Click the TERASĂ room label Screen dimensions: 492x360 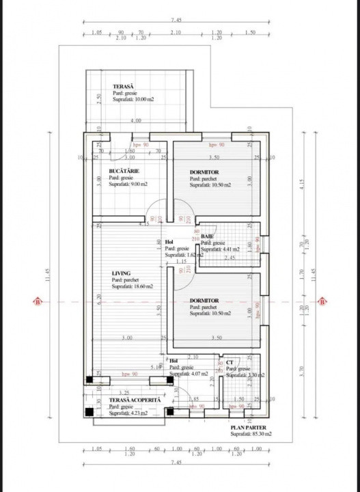(124, 86)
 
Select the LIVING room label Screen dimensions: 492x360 (121, 273)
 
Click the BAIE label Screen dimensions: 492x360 (208, 236)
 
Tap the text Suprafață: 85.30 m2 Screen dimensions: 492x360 (251, 434)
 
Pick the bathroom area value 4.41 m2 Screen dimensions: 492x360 (222, 249)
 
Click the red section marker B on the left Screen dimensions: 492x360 (38, 301)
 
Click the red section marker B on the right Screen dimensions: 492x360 (321, 301)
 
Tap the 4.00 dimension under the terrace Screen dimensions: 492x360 (137, 121)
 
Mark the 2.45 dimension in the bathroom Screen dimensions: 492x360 (229, 258)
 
